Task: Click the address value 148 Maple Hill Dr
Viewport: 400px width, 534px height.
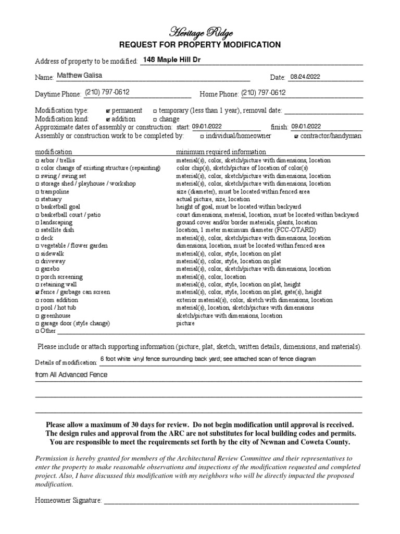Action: tap(171, 60)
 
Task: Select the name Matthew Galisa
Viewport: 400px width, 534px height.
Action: tap(80, 76)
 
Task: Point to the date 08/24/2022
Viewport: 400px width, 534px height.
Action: tap(305, 77)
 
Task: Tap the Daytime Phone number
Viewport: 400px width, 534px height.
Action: tap(107, 92)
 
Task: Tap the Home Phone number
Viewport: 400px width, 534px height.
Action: tap(264, 93)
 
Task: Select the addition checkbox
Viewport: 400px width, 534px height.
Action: tap(108, 119)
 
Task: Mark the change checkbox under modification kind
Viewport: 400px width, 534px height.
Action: tap(155, 119)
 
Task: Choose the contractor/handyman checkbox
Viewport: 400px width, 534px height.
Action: tap(296, 137)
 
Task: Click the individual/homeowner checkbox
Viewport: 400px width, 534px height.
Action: tap(202, 137)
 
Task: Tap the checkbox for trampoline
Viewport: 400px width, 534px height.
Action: tap(37, 192)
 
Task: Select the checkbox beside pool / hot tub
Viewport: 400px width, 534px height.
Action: tap(37, 308)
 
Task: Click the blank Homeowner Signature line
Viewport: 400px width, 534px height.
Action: tap(231, 501)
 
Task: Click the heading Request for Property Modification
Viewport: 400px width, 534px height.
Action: tap(201, 45)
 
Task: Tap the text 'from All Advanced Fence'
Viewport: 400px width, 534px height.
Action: tap(71, 375)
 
